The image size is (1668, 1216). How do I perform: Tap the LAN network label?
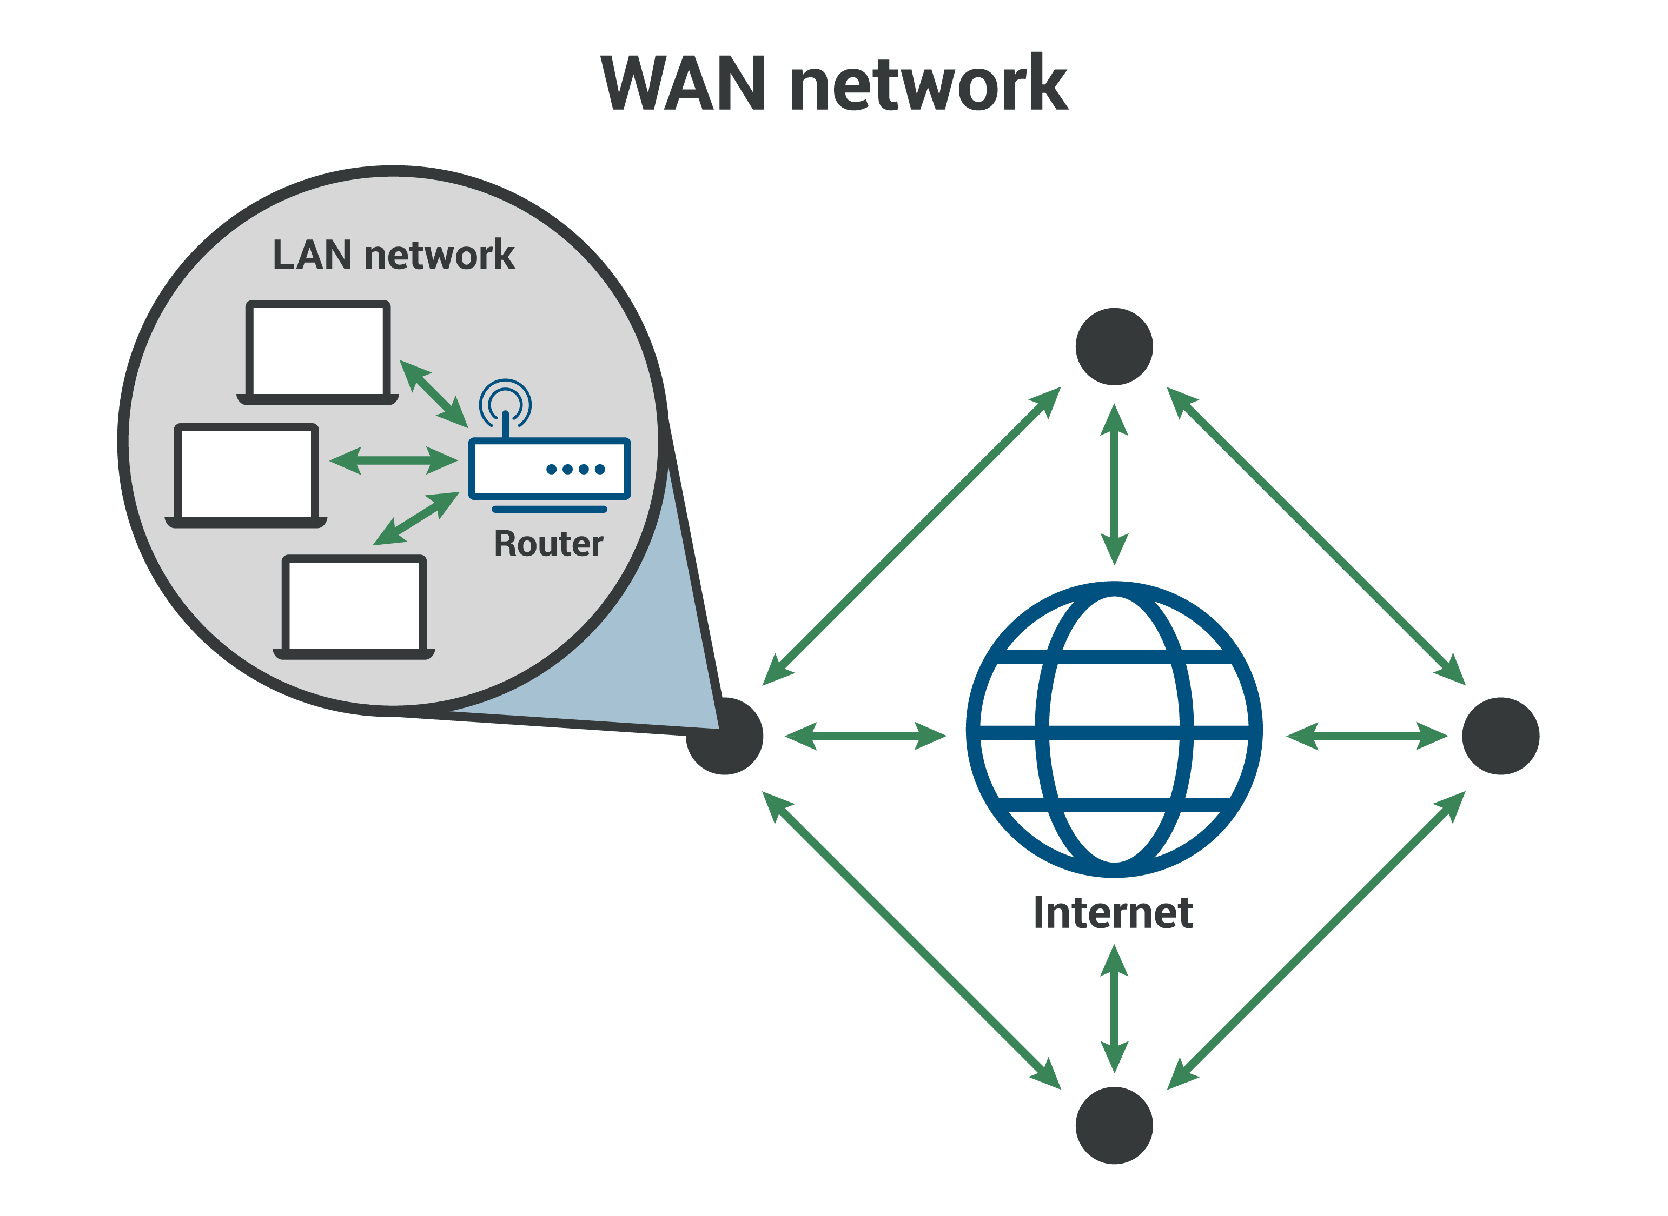(x=393, y=256)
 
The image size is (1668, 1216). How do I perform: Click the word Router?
(x=548, y=544)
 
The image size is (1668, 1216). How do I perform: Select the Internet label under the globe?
(x=1113, y=913)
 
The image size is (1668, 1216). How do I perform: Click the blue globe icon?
(x=1114, y=729)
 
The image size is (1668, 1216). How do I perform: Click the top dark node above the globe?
(x=1114, y=346)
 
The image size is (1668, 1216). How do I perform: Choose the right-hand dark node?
(x=1500, y=736)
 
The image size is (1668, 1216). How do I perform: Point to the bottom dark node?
(x=1114, y=1125)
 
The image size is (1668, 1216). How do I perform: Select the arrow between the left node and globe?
(x=865, y=736)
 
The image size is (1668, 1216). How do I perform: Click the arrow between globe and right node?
(x=1367, y=736)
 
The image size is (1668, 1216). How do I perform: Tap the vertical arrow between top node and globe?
(x=1114, y=484)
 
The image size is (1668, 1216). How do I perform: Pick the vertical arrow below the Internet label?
(x=1114, y=1008)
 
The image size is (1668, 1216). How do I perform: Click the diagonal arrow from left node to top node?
(x=912, y=536)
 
